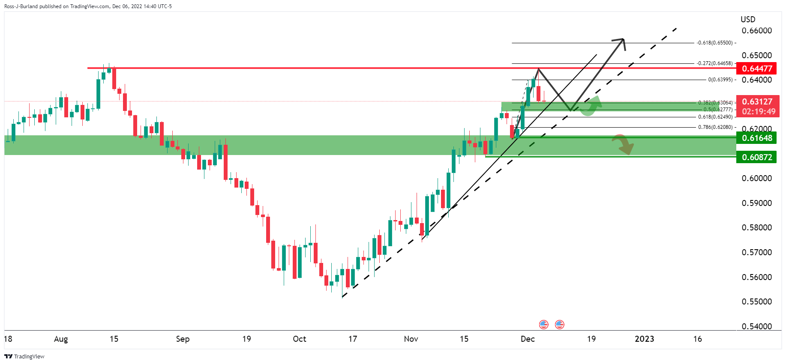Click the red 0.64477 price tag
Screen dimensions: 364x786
pyautogui.click(x=757, y=69)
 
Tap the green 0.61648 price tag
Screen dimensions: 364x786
pyautogui.click(x=757, y=138)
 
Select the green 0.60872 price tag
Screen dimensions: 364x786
pyautogui.click(x=757, y=157)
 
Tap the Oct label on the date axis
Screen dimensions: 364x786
pyautogui.click(x=299, y=339)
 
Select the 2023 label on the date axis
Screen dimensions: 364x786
pyautogui.click(x=644, y=339)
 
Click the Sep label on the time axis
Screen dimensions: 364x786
pyautogui.click(x=183, y=339)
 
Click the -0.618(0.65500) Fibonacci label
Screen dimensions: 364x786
pyautogui.click(x=715, y=43)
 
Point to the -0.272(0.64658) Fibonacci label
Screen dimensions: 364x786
pyautogui.click(x=714, y=63)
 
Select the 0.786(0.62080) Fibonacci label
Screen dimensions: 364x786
pyautogui.click(x=715, y=127)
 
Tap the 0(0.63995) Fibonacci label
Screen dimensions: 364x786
pyautogui.click(x=720, y=80)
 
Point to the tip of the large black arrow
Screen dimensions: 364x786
pyautogui.click(x=623, y=39)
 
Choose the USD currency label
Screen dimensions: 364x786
pyautogui.click(x=748, y=19)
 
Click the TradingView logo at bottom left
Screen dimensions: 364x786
pyautogui.click(x=24, y=356)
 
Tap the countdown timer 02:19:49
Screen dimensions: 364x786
pyautogui.click(x=758, y=111)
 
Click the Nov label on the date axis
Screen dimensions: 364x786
pyautogui.click(x=411, y=339)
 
